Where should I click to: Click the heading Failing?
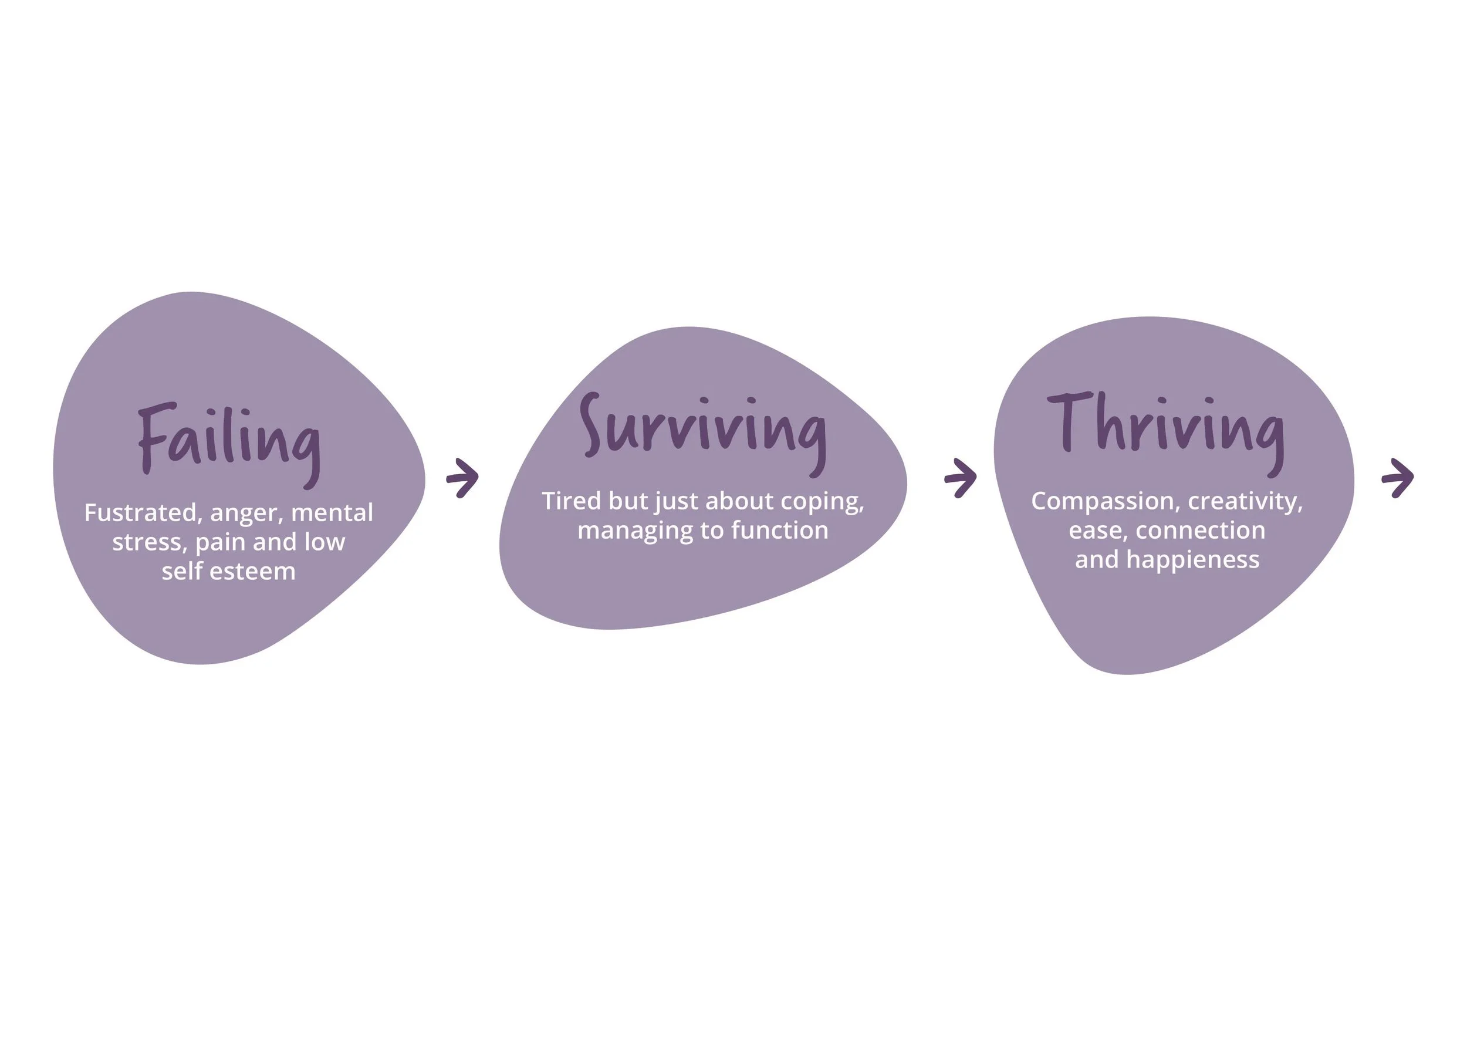(229, 441)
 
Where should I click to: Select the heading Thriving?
(1165, 428)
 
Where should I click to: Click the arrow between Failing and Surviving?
(462, 477)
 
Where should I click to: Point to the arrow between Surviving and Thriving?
(961, 477)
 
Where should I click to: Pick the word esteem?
(252, 571)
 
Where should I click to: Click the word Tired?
(571, 501)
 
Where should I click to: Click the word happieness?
(1192, 560)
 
